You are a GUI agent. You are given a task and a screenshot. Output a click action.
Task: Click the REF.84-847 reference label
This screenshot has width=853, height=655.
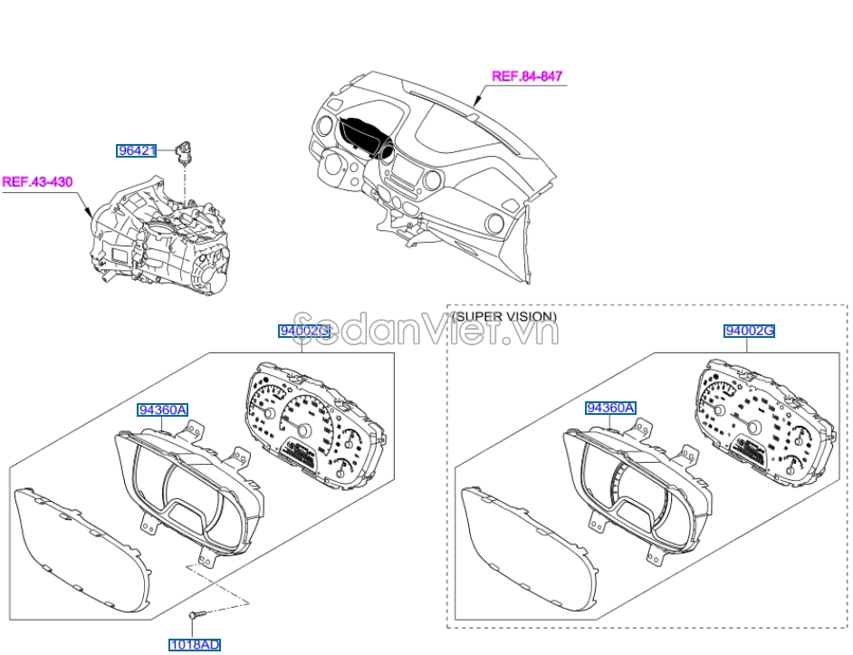click(x=527, y=76)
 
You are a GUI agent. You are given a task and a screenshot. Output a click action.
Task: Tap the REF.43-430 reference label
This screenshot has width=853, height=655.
click(x=37, y=181)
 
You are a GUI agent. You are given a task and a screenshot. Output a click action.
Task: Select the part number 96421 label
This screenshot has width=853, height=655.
click(x=137, y=150)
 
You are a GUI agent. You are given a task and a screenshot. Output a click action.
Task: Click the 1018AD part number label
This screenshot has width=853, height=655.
click(x=194, y=645)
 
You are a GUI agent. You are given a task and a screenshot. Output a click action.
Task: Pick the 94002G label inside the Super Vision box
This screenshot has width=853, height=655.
click(x=749, y=331)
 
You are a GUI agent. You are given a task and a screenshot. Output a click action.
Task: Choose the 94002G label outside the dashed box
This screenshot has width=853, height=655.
click(x=304, y=331)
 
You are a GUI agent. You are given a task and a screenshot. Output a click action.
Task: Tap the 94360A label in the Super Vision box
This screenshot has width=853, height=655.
click(x=609, y=408)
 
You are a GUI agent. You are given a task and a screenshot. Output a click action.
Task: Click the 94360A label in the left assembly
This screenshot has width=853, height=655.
click(x=162, y=409)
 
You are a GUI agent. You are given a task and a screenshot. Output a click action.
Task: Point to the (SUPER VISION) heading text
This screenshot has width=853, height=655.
click(x=503, y=316)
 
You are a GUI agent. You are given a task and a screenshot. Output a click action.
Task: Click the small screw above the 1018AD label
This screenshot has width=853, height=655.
click(x=197, y=615)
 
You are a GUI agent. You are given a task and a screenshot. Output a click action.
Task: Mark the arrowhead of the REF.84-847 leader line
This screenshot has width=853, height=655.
click(x=476, y=101)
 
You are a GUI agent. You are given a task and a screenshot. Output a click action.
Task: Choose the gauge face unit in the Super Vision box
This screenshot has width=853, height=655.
click(x=764, y=421)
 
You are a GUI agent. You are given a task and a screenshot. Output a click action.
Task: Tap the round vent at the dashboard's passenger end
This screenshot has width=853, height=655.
click(x=495, y=224)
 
